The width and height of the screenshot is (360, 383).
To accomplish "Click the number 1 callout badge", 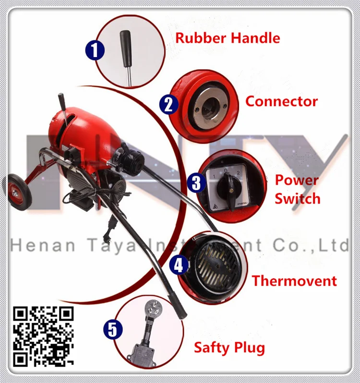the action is [x=95, y=50].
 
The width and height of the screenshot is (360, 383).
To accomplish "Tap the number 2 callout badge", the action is [x=169, y=105].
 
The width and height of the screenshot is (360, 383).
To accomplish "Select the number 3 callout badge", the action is [x=197, y=183].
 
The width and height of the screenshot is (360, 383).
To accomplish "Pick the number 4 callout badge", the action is [x=179, y=265].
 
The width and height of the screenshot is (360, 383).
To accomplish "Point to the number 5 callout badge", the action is [x=113, y=329].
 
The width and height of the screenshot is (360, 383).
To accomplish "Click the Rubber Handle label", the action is [x=228, y=38].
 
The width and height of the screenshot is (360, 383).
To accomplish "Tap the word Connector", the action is [x=282, y=101].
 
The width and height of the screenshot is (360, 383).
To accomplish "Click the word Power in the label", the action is [x=297, y=180].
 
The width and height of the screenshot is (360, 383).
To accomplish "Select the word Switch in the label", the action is [x=298, y=198].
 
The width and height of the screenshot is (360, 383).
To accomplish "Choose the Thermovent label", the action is [x=294, y=281].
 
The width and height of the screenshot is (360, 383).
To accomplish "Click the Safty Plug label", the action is [x=229, y=348].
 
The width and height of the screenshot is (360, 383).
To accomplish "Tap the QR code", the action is [x=43, y=336].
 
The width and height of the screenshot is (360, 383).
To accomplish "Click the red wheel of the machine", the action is [x=18, y=192].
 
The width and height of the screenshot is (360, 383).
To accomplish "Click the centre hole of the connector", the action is [x=210, y=107].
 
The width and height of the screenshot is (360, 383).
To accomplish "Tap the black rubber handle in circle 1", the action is [x=126, y=48].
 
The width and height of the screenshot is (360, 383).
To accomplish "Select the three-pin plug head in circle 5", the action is [x=153, y=308].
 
